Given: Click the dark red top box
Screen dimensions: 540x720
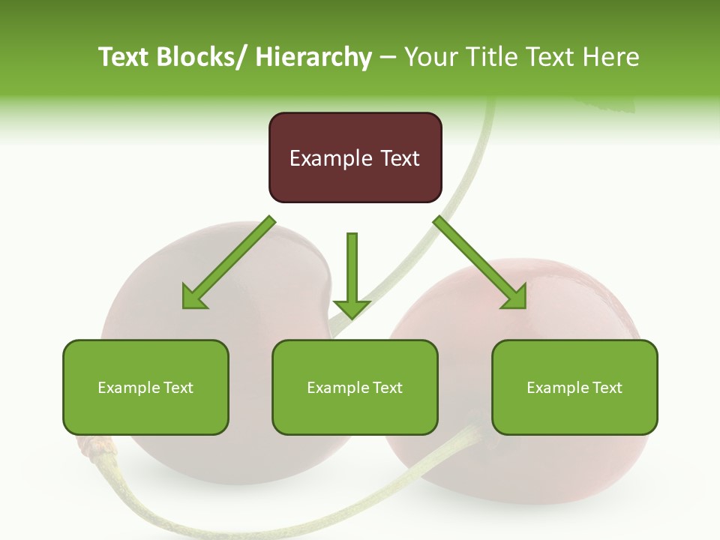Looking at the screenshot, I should [355, 157].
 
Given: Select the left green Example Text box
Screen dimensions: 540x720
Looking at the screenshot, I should [145, 387].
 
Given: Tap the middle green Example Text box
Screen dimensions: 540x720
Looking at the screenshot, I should [354, 387].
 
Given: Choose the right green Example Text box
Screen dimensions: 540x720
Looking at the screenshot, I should [574, 387].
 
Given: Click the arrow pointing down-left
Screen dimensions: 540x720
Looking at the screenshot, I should [228, 263].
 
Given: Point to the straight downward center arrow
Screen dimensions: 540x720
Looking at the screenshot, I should [352, 274].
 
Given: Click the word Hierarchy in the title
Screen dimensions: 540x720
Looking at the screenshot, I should [313, 57].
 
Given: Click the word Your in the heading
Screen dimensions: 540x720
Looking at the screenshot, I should [429, 57].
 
